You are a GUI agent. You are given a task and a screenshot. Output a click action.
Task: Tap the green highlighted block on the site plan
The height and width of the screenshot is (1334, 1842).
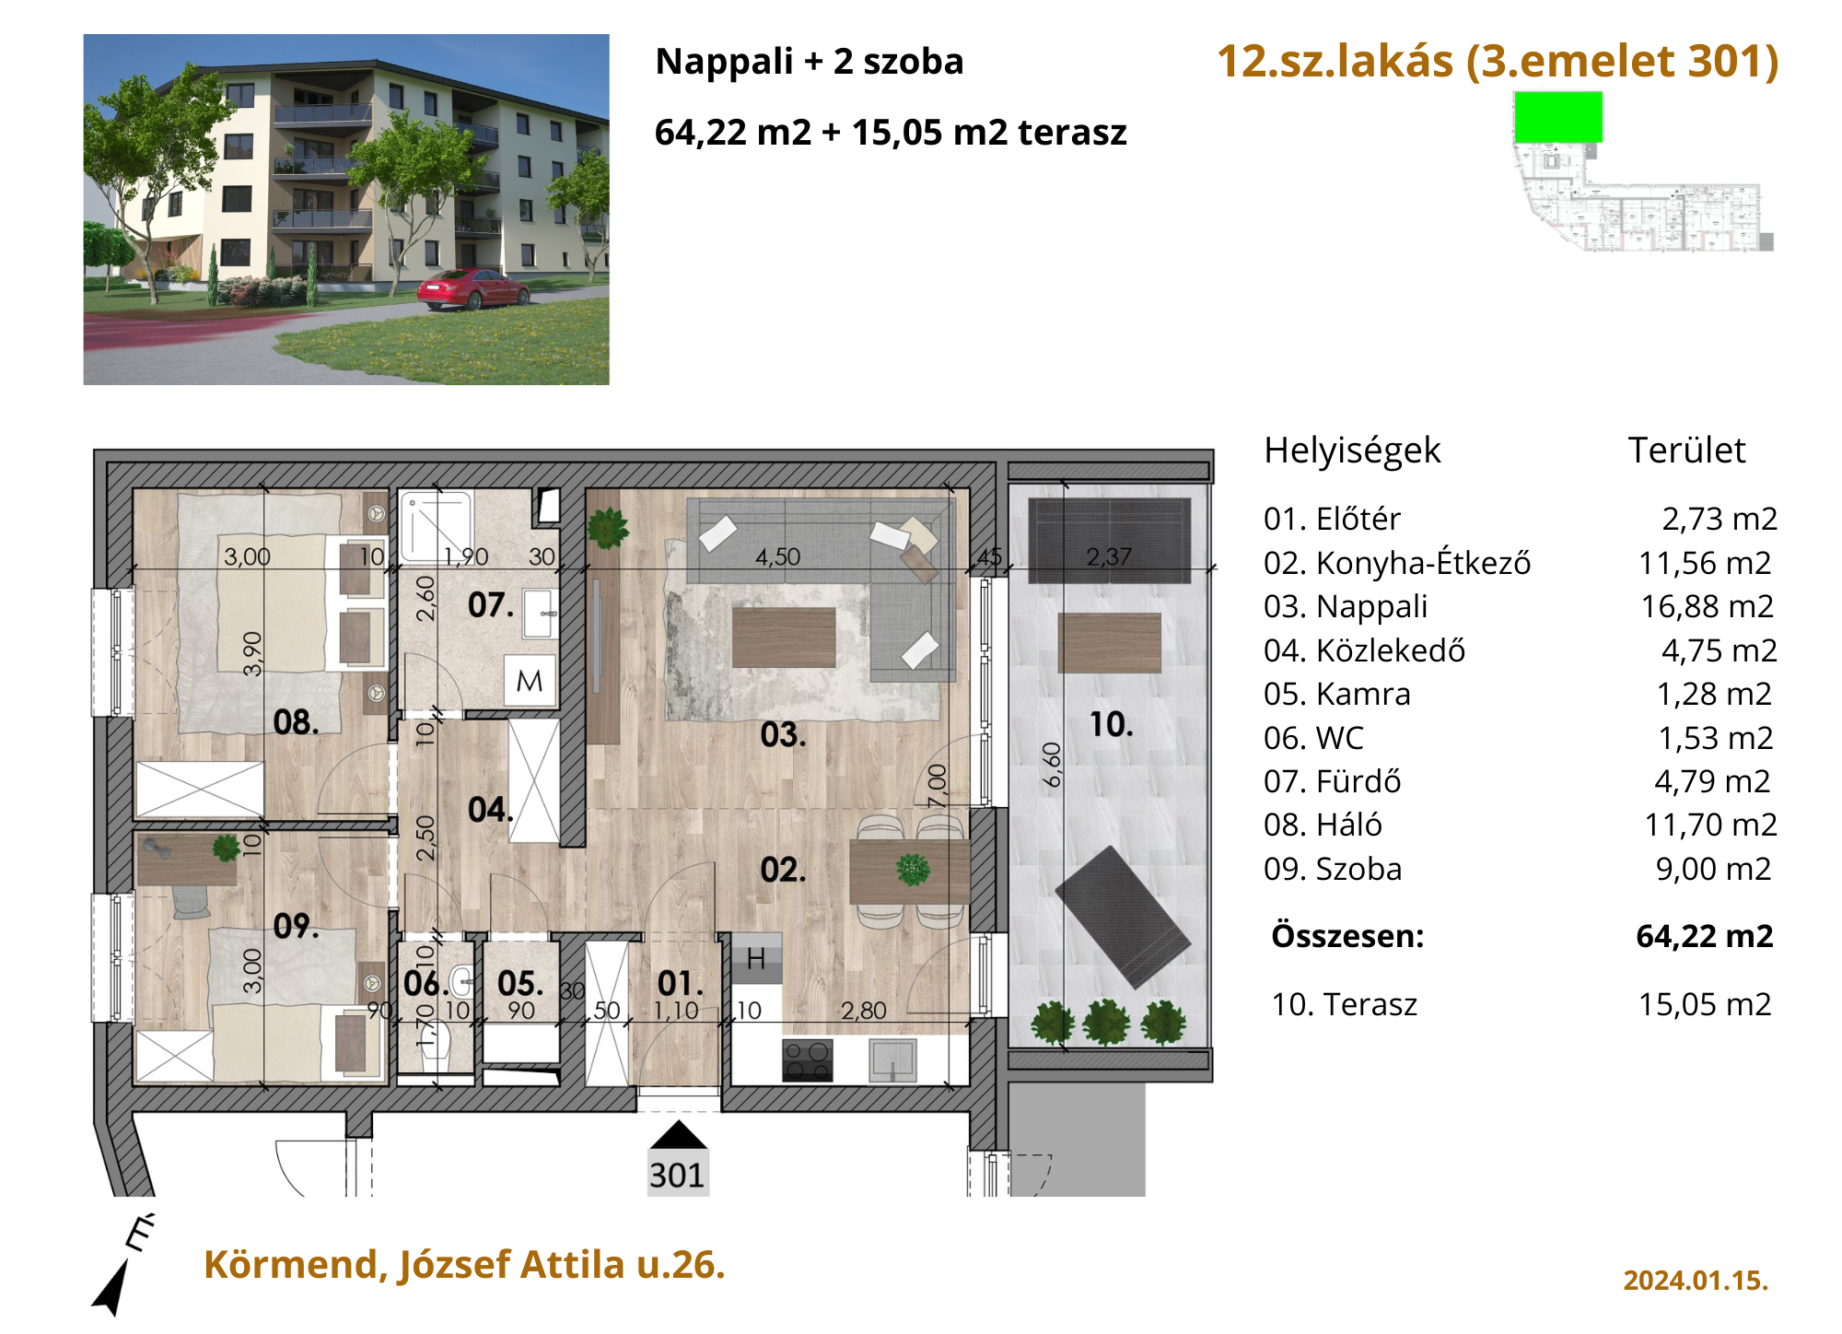(1558, 117)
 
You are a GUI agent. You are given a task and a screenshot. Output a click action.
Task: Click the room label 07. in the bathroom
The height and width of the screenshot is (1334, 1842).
(490, 605)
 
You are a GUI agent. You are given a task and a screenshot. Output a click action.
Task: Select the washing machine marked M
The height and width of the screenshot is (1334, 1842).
(530, 681)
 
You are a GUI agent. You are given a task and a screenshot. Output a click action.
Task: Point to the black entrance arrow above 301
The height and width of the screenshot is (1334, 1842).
(679, 1135)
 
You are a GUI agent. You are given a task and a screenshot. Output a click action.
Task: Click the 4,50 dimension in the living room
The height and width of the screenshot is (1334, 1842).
(777, 557)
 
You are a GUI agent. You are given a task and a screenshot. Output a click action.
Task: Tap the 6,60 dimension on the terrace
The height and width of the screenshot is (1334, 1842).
(1052, 765)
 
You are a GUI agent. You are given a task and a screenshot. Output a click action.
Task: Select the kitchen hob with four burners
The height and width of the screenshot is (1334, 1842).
(808, 1059)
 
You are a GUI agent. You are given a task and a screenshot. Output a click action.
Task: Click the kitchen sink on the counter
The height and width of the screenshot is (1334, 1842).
(892, 1059)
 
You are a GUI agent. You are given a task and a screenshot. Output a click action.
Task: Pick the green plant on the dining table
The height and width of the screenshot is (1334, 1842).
(913, 870)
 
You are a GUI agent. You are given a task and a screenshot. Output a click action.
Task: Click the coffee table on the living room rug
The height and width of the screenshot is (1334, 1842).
(784, 637)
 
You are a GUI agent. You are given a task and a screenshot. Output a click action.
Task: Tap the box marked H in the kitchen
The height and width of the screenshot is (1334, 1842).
(756, 958)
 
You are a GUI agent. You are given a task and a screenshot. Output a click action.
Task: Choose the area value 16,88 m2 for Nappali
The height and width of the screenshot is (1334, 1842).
(1707, 606)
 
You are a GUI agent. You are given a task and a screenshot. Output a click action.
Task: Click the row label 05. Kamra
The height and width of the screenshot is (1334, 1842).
(1336, 694)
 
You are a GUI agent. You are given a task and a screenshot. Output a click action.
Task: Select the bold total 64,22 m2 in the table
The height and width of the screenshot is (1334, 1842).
(1704, 936)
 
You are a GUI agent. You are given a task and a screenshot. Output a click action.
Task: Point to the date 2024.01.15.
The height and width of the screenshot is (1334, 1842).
(1696, 1281)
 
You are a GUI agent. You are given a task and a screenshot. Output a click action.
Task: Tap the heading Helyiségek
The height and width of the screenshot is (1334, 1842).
(1352, 451)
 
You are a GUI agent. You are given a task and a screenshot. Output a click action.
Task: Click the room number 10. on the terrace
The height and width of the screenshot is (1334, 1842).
(1111, 725)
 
